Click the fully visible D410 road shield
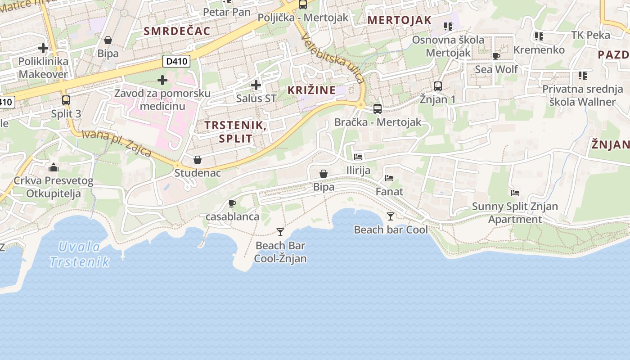pos(176,61)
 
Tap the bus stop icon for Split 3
pos(66,100)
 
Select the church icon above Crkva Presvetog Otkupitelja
pos(53,168)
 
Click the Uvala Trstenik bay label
pos(80,254)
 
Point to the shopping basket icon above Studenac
pos(197,160)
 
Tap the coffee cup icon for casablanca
pos(232,204)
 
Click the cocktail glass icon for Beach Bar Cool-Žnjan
pos(280,232)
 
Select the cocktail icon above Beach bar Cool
pos(390,216)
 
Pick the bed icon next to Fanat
pos(389,178)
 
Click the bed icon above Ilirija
pos(358,157)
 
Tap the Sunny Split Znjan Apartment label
pos(515,213)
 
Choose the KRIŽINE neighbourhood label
pos(311,90)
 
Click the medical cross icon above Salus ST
pos(256,85)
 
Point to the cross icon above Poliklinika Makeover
pos(43,48)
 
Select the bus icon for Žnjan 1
pos(437,86)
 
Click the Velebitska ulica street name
pos(333,57)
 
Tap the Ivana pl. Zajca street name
pos(117,143)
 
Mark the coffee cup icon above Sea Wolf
pos(496,56)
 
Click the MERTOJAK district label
pos(399,20)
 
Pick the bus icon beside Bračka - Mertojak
pos(377,109)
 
